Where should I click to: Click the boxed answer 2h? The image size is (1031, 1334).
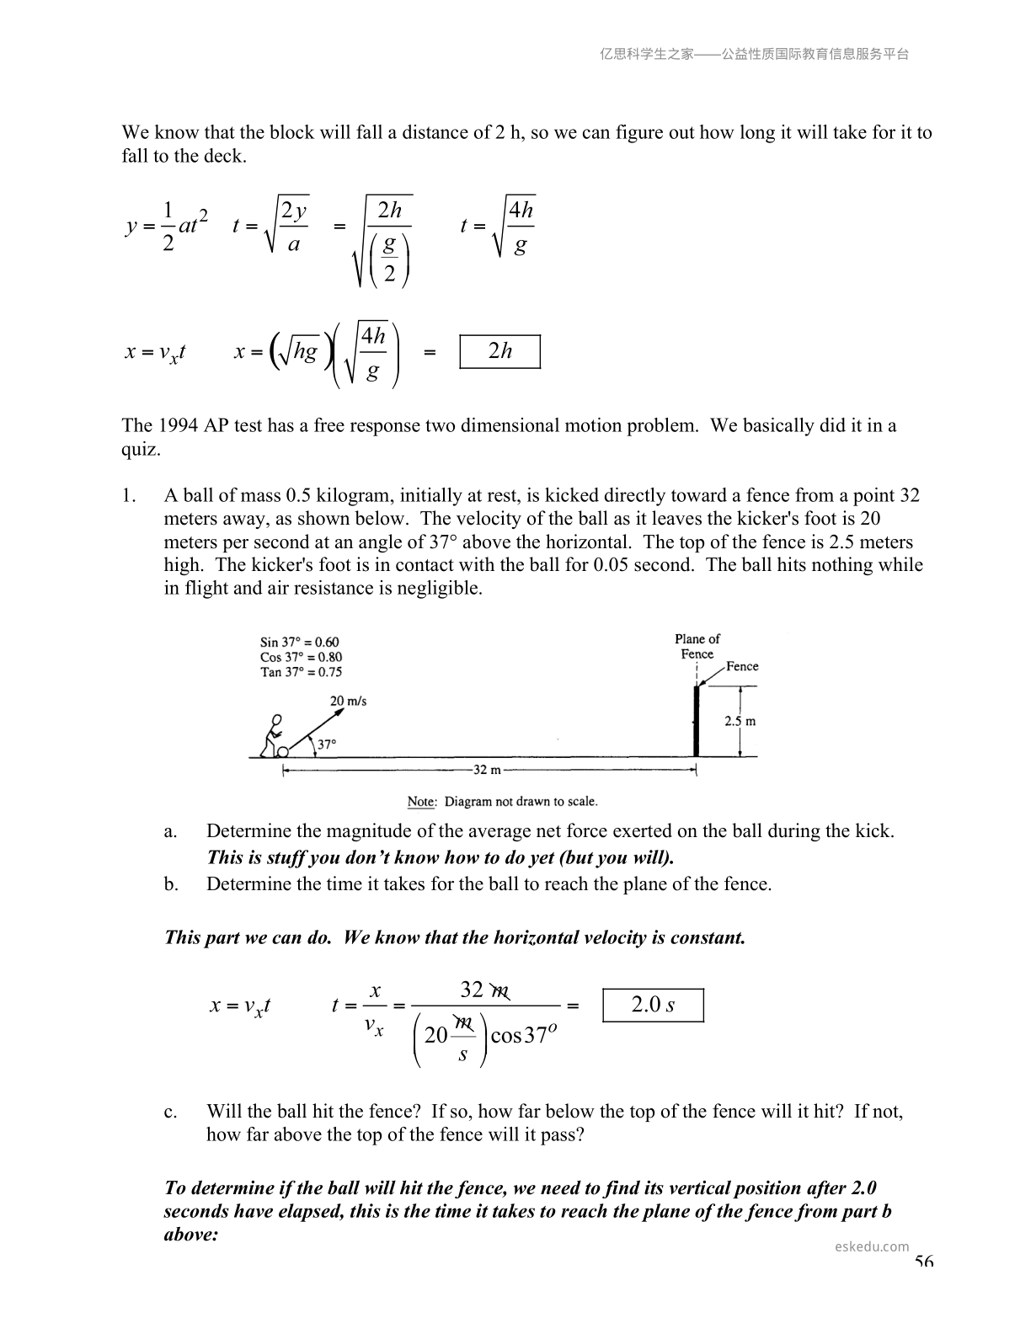point(499,351)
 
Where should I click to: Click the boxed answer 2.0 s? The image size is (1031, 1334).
point(653,1005)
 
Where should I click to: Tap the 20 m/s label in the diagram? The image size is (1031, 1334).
point(348,701)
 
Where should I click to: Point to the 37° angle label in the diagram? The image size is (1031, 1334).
point(326,744)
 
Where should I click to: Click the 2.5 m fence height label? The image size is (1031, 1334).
point(740,721)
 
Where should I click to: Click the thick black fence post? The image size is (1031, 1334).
point(696,722)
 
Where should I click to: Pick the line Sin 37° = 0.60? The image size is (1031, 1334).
point(300,642)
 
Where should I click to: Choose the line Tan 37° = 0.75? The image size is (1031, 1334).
point(301,672)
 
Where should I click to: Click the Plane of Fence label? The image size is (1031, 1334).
point(697,646)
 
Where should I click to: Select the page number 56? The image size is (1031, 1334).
point(923,1262)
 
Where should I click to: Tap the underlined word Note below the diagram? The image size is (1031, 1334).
point(421,802)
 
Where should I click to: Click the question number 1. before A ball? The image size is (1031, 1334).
point(129,495)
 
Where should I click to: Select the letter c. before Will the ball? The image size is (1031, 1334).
point(171,1112)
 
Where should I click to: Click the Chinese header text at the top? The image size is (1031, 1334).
point(754,54)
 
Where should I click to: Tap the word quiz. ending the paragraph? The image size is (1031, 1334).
point(141,449)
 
